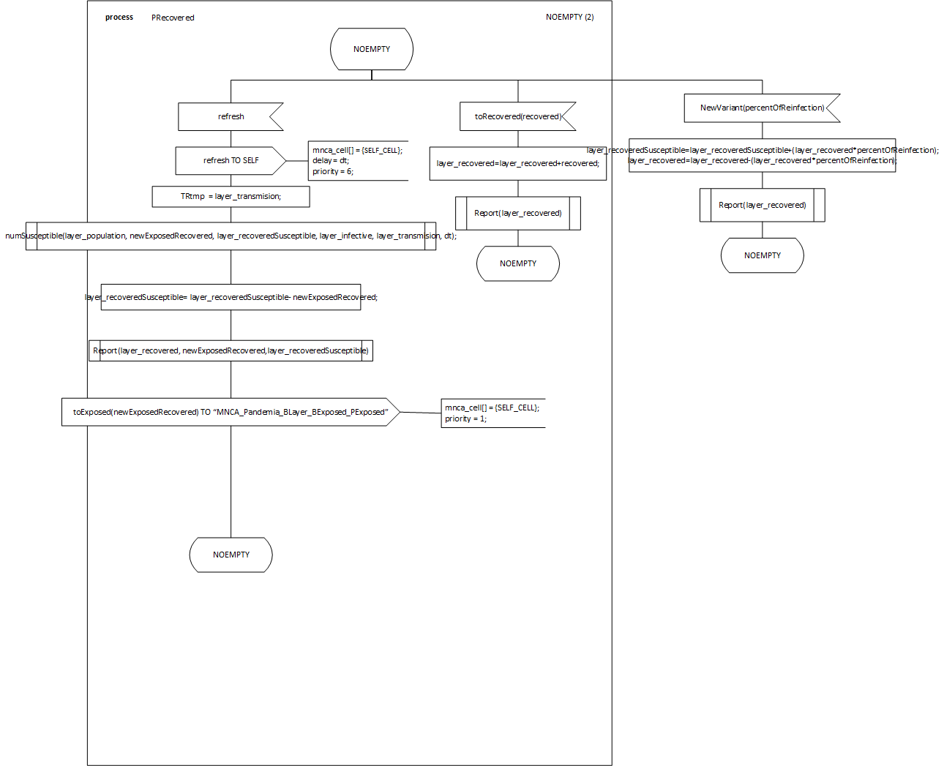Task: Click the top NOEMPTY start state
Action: tap(372, 49)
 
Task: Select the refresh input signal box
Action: tap(231, 116)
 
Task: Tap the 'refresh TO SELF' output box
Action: tap(231, 160)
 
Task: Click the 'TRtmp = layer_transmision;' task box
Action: tap(231, 196)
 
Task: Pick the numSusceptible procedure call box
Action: tap(231, 236)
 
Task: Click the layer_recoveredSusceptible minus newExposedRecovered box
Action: tap(231, 297)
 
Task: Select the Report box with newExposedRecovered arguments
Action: tap(231, 350)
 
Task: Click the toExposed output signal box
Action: tap(231, 412)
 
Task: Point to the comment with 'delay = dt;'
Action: tap(357, 160)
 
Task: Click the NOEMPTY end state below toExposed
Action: tap(231, 555)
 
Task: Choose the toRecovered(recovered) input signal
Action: tap(517, 116)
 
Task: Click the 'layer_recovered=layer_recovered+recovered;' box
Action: tap(517, 163)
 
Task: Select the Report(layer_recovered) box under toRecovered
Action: tap(517, 213)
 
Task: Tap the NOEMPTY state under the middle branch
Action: tap(517, 263)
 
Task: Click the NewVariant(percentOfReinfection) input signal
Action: tap(762, 108)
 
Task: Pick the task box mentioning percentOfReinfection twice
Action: tap(762, 155)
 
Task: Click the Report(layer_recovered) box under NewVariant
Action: tap(762, 205)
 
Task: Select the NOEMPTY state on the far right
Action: tap(762, 255)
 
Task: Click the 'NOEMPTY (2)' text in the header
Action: tap(569, 17)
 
